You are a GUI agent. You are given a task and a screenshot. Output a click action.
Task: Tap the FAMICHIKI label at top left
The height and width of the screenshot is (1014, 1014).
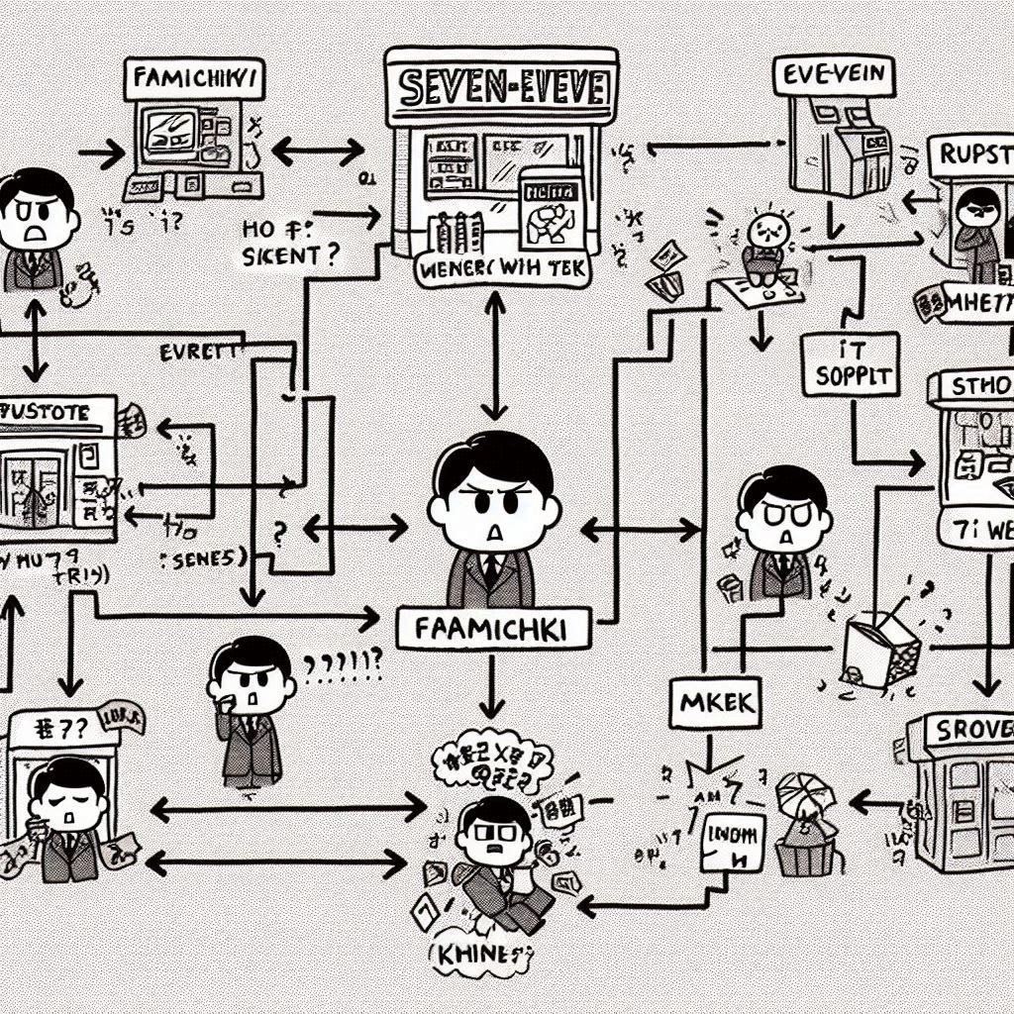click(194, 80)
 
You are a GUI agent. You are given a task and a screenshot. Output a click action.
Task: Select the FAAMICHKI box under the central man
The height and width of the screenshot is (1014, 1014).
click(492, 628)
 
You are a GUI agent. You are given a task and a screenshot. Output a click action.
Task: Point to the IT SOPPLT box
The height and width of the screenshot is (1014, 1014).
click(851, 364)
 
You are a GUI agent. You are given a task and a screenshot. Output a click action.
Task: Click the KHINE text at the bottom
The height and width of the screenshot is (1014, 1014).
click(476, 959)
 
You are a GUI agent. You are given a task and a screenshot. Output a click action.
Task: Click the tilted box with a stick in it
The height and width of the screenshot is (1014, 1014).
click(880, 647)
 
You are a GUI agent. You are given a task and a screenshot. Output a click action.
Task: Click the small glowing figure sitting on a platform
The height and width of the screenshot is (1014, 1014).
click(765, 239)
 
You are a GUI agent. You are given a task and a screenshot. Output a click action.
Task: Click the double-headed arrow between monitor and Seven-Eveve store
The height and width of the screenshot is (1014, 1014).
click(317, 152)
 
